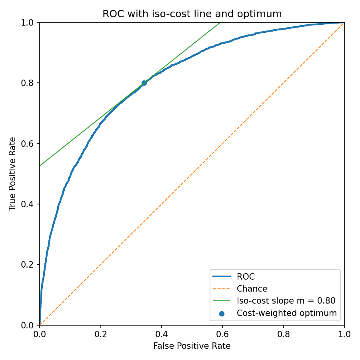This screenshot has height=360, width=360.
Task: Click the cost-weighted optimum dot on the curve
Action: click(x=144, y=83)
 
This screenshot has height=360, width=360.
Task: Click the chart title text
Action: click(x=192, y=14)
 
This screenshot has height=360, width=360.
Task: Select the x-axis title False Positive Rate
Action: click(x=192, y=346)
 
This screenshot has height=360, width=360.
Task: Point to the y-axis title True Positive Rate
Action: click(x=13, y=174)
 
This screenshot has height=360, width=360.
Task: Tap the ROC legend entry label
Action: click(x=246, y=277)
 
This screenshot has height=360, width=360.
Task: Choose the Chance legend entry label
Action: click(x=252, y=289)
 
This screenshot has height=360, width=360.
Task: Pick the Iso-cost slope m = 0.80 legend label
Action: click(x=286, y=301)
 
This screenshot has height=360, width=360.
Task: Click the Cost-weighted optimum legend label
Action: click(x=287, y=313)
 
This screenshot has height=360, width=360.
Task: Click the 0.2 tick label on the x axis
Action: click(x=101, y=333)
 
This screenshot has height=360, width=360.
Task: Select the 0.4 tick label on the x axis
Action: click(x=162, y=333)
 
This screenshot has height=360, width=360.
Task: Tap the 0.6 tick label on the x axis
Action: click(x=222, y=333)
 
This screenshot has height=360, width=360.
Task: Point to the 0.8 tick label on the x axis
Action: click(x=284, y=333)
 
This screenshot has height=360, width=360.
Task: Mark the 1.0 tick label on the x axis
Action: click(x=344, y=333)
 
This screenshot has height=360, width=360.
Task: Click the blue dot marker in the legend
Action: click(x=222, y=314)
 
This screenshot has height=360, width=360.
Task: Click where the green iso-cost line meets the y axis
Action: click(x=40, y=166)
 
